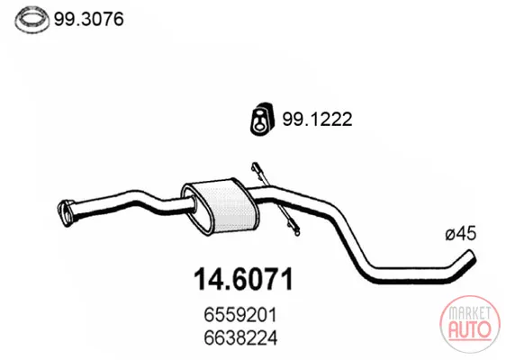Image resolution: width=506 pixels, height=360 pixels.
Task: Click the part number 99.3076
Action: coord(89,19)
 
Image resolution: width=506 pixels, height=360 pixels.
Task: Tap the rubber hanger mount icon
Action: coord(262,119)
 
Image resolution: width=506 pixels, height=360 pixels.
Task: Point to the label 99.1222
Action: coord(317,120)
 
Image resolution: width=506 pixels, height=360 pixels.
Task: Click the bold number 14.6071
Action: coord(244,279)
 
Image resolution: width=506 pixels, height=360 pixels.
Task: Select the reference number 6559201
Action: coord(240,315)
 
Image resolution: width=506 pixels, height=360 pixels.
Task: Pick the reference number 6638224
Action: coord(240,338)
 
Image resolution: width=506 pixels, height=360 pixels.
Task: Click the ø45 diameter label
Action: coord(461,233)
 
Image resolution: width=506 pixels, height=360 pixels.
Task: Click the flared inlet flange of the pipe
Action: coord(66,213)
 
